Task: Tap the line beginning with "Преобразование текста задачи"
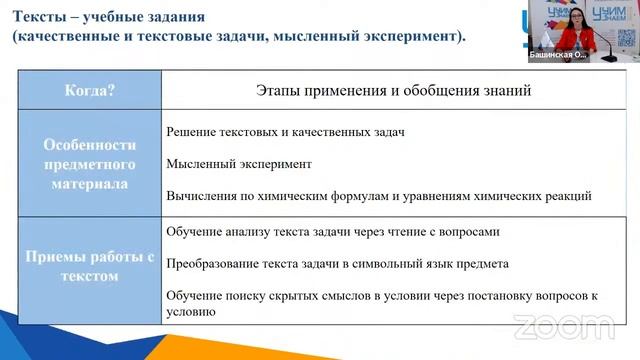pos(337,264)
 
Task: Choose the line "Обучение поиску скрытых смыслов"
pos(380,297)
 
